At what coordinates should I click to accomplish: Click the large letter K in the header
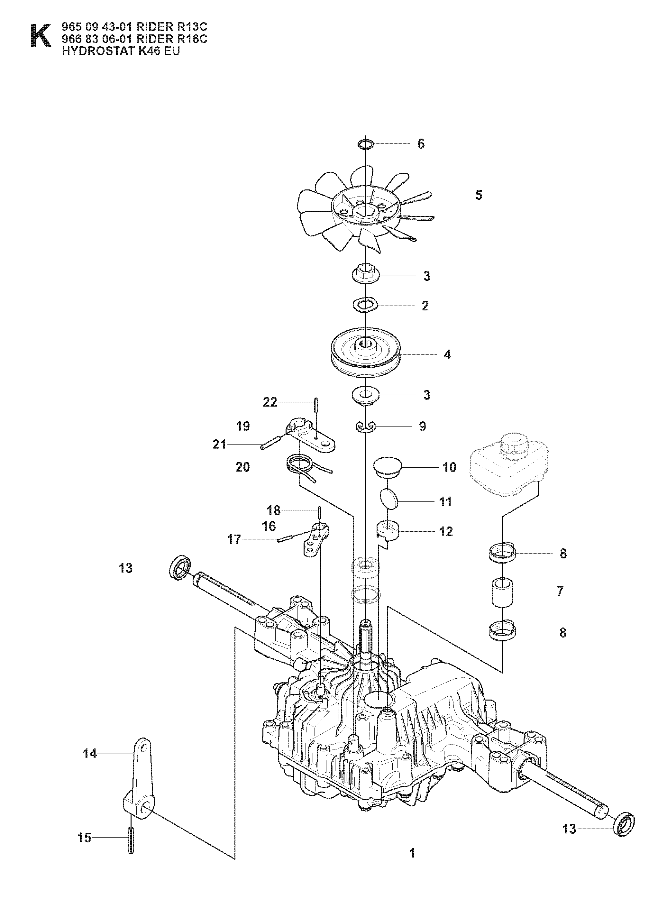coord(41,36)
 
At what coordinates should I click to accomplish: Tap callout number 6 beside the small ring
coord(421,144)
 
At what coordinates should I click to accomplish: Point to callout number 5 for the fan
coord(478,195)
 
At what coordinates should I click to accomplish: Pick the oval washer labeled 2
coord(365,306)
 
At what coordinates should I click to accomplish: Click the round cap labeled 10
coord(388,466)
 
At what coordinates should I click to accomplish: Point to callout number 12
coord(446,531)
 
